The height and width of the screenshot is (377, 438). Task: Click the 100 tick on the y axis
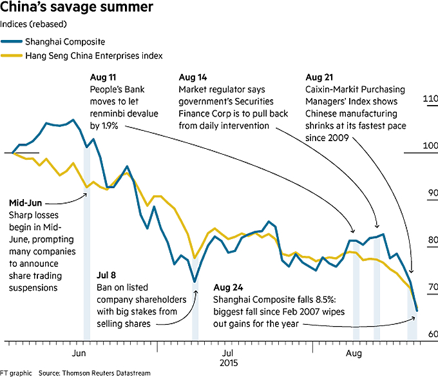pos(430,146)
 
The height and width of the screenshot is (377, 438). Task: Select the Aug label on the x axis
pos(353,354)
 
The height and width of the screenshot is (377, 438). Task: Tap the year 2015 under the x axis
pos(228,363)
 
